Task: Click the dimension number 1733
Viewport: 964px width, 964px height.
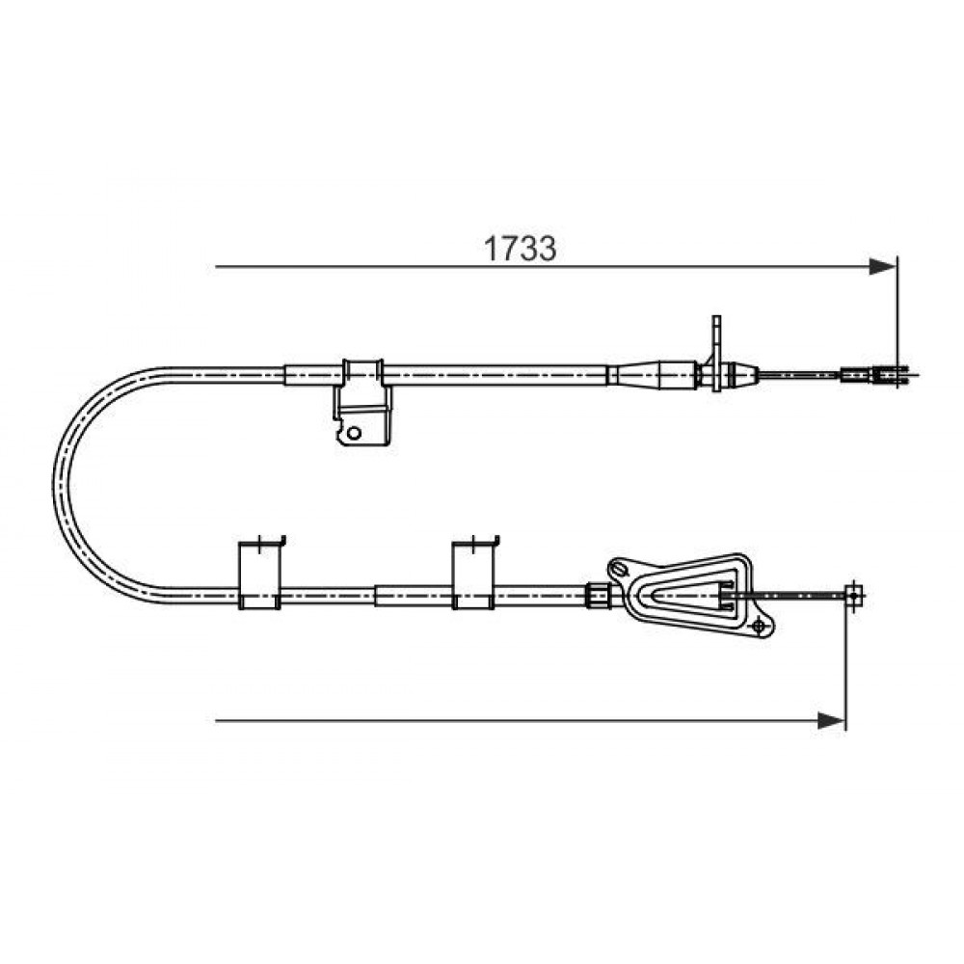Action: [521, 249]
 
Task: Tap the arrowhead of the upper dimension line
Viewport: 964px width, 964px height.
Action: [883, 267]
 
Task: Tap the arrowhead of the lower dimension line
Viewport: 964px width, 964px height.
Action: [832, 720]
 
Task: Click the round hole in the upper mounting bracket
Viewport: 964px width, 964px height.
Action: [354, 433]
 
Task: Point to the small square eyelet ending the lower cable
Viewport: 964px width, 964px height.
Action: [853, 595]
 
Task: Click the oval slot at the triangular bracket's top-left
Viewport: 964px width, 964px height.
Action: [619, 569]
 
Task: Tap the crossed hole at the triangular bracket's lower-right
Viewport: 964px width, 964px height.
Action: [759, 627]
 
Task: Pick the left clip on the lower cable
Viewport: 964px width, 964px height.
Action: [260, 574]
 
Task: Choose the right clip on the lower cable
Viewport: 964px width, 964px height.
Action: [474, 574]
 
